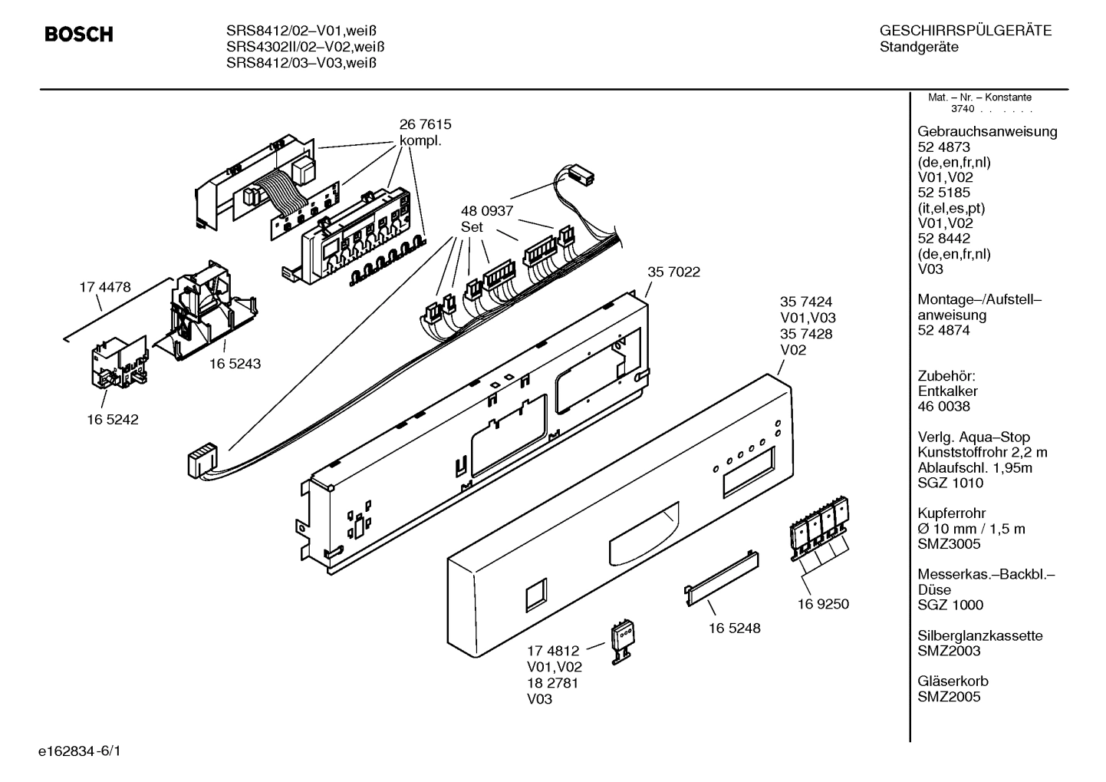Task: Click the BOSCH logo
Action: (79, 35)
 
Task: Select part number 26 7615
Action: (425, 124)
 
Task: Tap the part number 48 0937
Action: (486, 211)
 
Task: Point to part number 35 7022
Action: (673, 272)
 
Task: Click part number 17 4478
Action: (105, 287)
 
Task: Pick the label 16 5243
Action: (235, 364)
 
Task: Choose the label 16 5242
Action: (113, 420)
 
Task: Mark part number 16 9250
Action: (823, 604)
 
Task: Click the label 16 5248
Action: (734, 628)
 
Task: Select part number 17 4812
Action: (552, 651)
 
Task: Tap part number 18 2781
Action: (552, 683)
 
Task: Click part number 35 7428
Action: (806, 334)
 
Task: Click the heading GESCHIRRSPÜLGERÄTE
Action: (965, 31)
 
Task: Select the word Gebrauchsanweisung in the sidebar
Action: (987, 131)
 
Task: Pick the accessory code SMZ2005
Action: (949, 697)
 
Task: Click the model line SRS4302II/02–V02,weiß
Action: (305, 47)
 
